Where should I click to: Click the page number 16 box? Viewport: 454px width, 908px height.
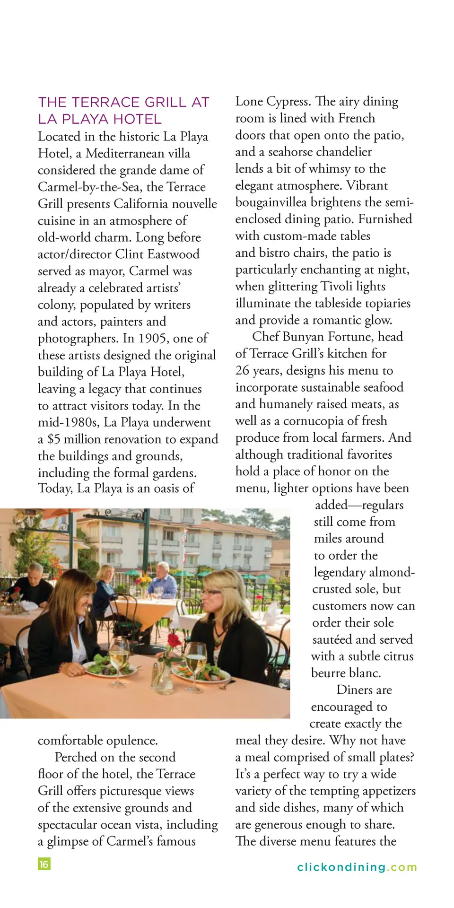(44, 864)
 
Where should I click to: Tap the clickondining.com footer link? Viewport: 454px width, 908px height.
(357, 867)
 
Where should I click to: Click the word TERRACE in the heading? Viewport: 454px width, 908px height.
(105, 103)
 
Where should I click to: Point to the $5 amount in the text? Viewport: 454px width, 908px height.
(54, 439)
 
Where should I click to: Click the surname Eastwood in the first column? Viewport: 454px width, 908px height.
(174, 254)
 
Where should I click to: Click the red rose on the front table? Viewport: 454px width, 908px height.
(174, 641)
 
